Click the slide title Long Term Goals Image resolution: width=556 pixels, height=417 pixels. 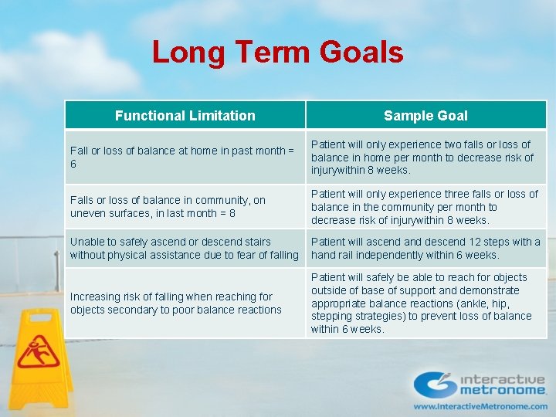[x=277, y=53]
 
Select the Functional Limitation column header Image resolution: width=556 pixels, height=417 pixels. [x=185, y=116]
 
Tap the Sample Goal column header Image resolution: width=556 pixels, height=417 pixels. [x=425, y=116]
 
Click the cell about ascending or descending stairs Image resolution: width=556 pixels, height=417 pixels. [x=184, y=248]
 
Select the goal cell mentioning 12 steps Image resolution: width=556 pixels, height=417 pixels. [x=425, y=248]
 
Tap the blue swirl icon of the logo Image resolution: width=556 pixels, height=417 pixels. [x=435, y=384]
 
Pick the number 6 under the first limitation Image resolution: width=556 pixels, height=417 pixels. [x=73, y=164]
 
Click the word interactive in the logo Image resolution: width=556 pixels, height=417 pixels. [x=503, y=379]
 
